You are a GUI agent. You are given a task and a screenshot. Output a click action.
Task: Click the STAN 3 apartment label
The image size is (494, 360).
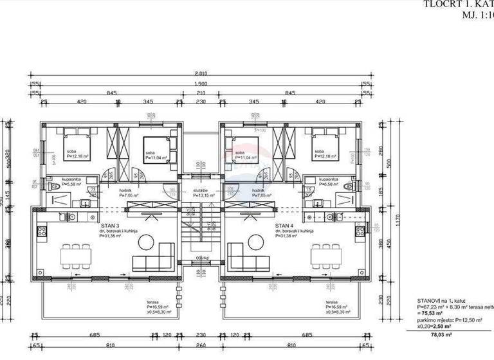point(110,226)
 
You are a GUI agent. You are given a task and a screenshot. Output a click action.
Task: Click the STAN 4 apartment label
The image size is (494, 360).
point(284,226)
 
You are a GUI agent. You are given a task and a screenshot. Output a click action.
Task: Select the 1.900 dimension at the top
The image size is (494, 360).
point(200,85)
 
